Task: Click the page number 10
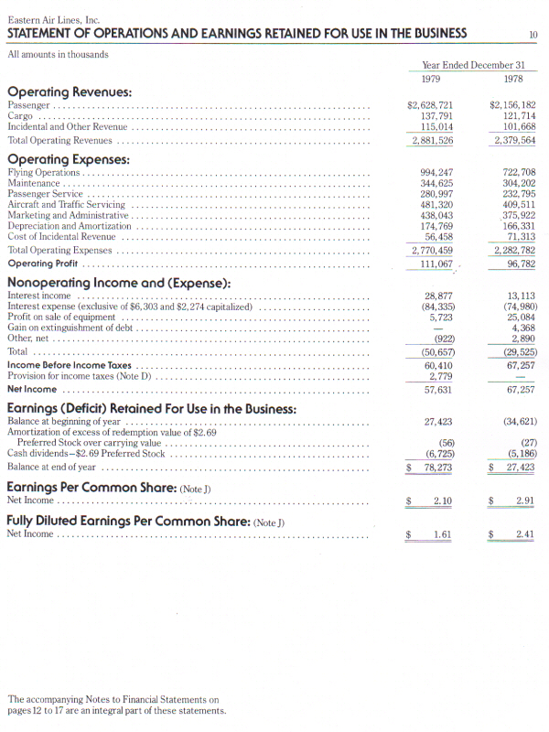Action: click(x=533, y=36)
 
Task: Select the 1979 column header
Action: click(x=430, y=79)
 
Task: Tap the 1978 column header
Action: click(x=512, y=79)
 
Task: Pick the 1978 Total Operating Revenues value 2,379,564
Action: click(x=514, y=141)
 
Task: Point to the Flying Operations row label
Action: click(x=44, y=172)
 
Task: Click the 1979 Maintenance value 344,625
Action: click(x=436, y=183)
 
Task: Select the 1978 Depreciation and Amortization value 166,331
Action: click(x=519, y=226)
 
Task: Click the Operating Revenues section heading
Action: click(x=70, y=92)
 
